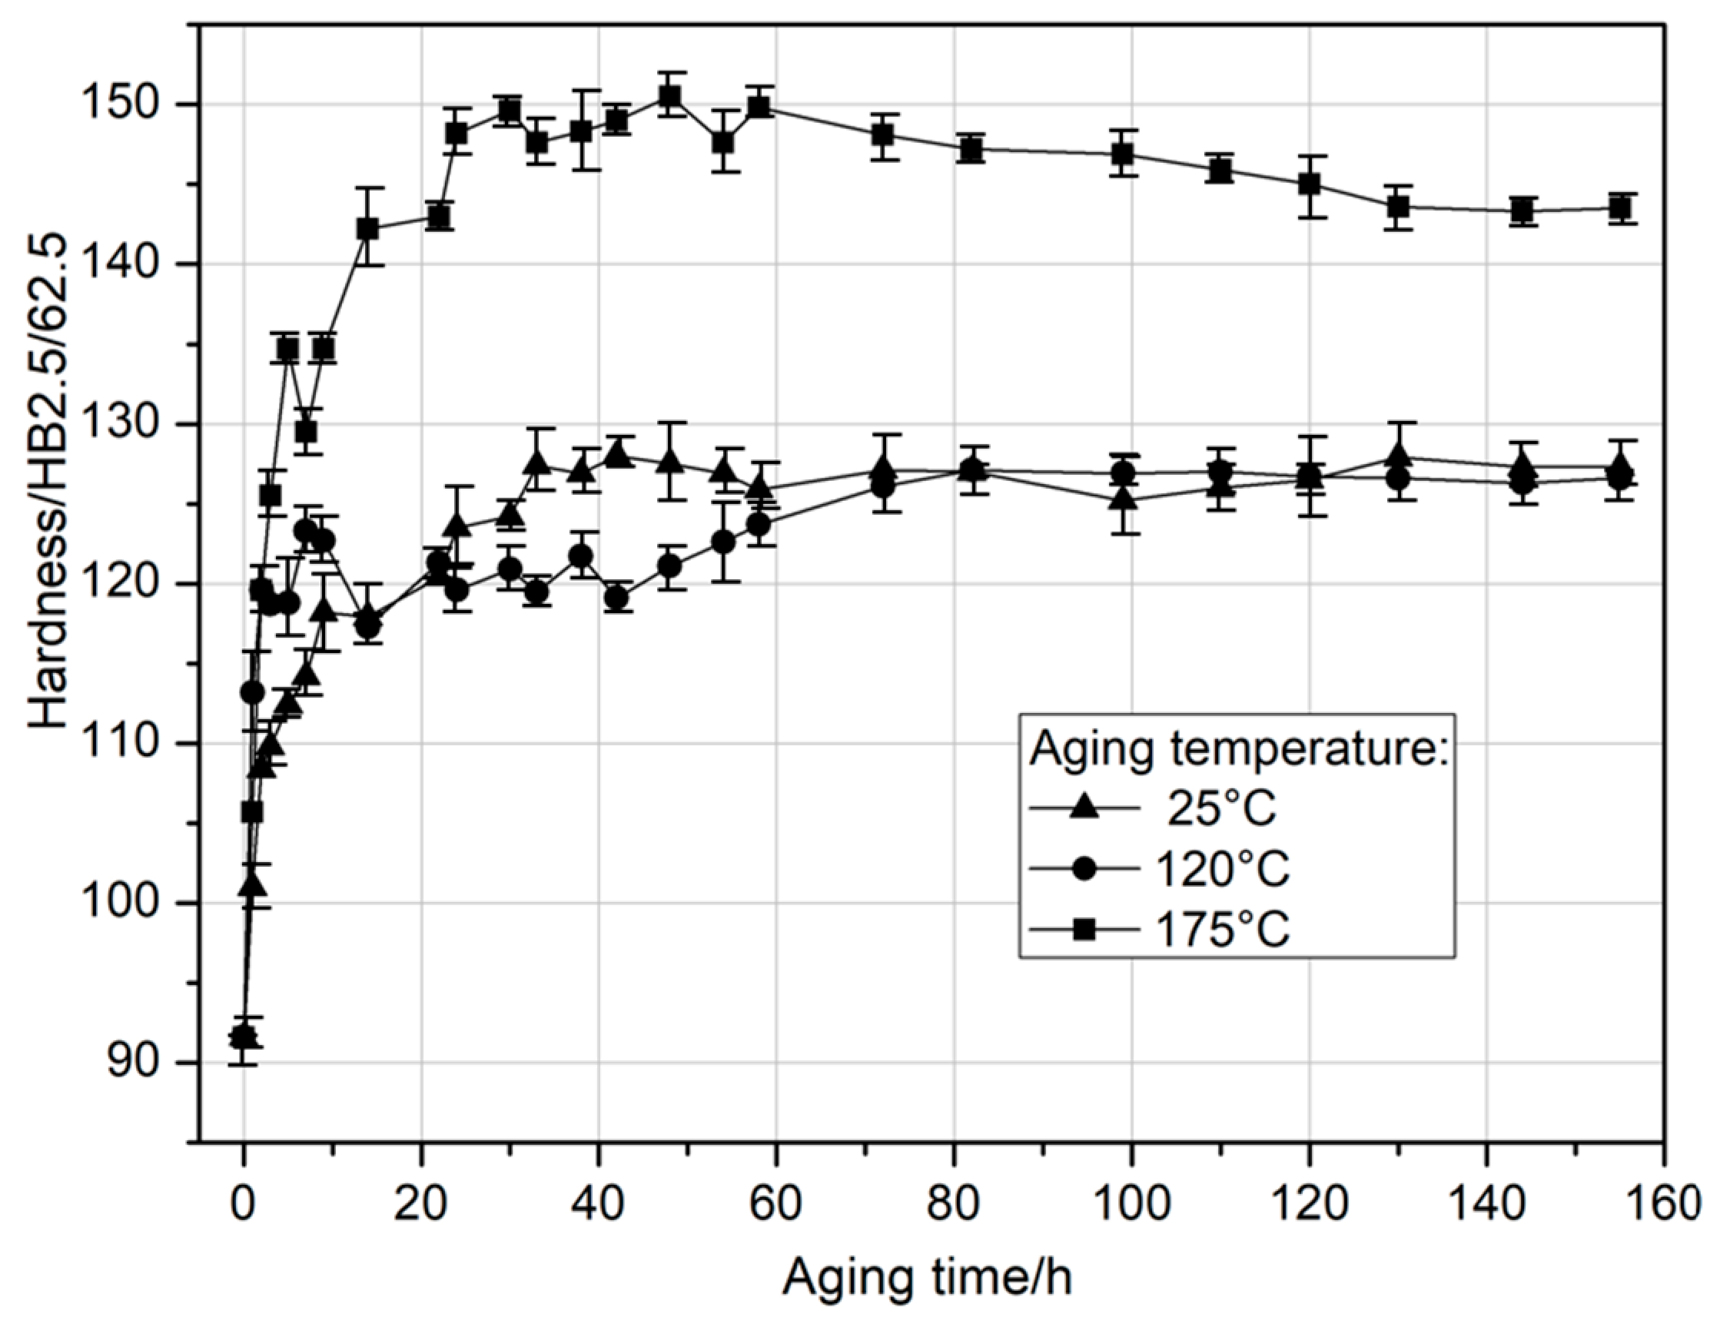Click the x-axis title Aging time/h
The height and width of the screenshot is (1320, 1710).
[x=928, y=1278]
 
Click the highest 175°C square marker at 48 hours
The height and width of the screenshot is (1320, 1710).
[x=669, y=95]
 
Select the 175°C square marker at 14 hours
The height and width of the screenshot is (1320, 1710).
[x=367, y=229]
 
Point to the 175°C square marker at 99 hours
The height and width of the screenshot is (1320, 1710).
[x=1123, y=154]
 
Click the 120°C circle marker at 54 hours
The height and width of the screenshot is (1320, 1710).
[x=723, y=542]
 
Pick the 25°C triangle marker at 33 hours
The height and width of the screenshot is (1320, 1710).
[x=537, y=462]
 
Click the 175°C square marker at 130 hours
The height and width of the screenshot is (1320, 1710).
[x=1398, y=207]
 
